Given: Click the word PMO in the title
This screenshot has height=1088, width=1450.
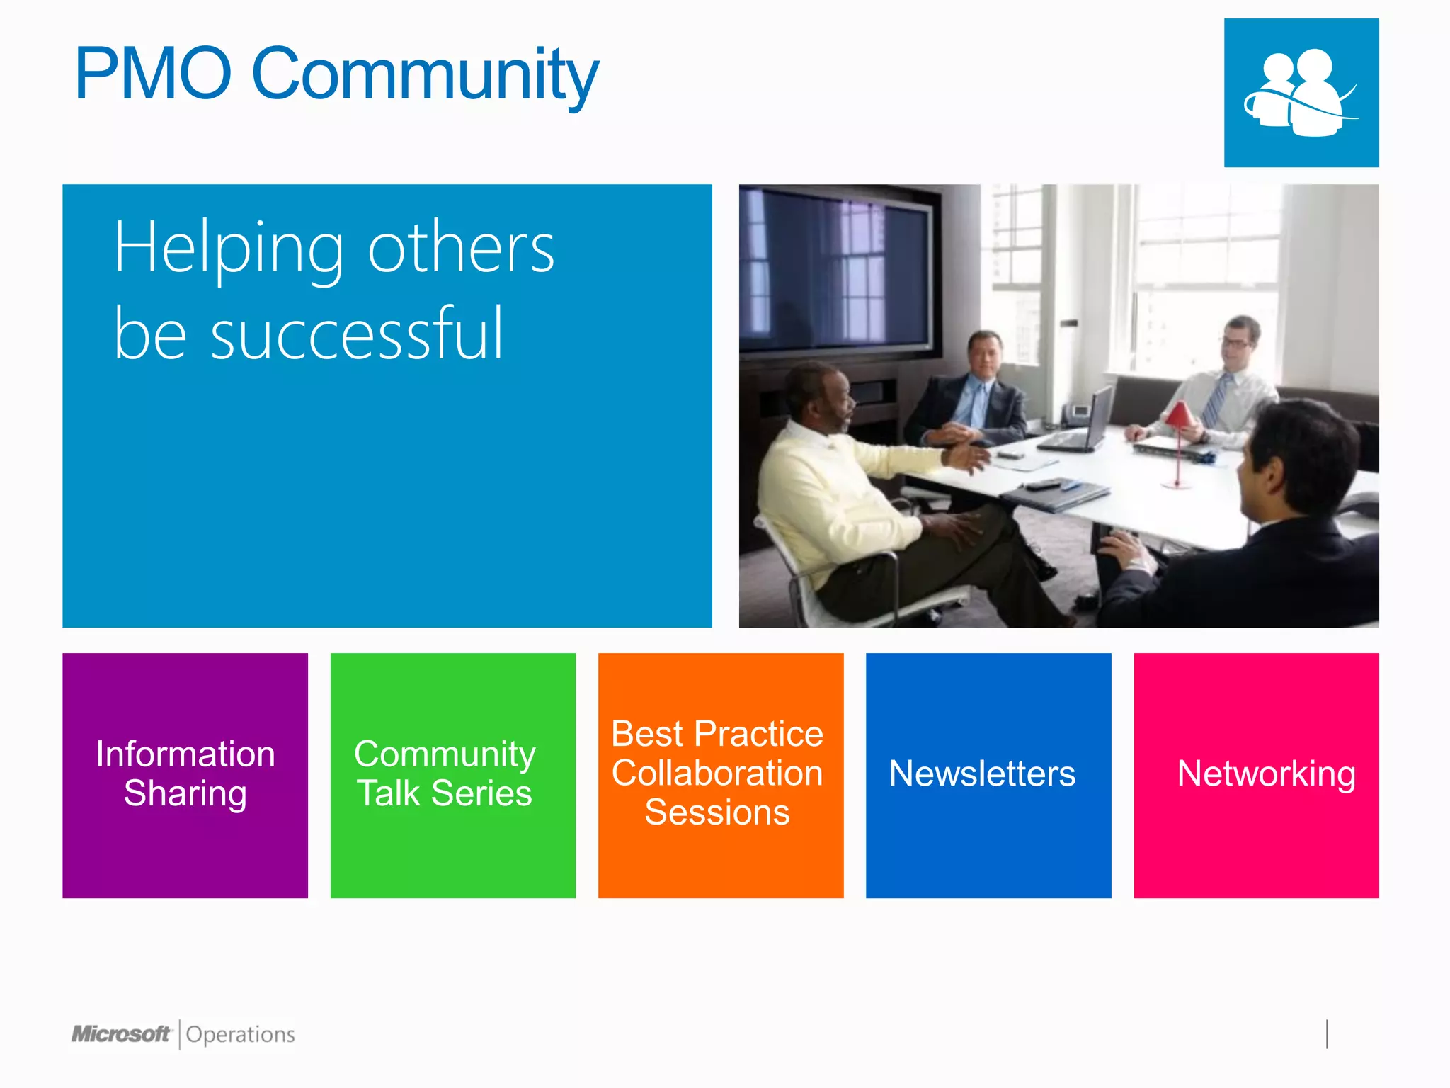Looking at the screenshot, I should [153, 74].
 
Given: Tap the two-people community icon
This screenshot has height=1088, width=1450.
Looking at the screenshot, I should [1301, 93].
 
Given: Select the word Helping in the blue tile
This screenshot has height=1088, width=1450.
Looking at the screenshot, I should [229, 249].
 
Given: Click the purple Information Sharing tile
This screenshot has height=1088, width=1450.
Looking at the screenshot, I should [185, 775].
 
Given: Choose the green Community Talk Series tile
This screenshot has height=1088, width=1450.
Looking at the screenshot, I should [452, 775].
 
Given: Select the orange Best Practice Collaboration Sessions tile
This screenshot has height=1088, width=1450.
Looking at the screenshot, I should [720, 775].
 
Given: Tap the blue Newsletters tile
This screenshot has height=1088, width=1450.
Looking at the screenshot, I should [988, 775].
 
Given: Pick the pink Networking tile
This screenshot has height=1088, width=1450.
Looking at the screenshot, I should [1256, 775].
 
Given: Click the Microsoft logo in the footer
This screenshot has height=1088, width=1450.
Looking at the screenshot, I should [121, 1034].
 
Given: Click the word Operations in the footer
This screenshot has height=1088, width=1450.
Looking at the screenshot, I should [240, 1035].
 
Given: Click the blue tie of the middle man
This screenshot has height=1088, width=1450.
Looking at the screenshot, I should [979, 404].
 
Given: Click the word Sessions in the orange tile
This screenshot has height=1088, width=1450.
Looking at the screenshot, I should [717, 812].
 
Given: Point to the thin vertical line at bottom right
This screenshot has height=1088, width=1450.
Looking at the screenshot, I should [1327, 1033].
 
